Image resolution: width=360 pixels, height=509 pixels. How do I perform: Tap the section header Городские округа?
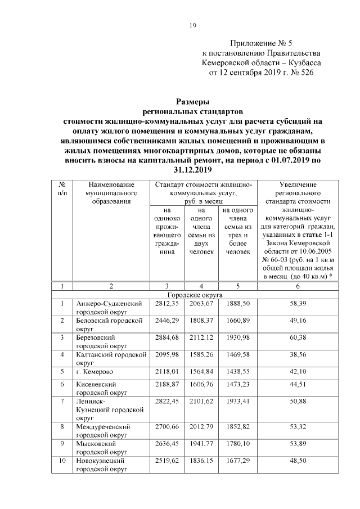click(x=195, y=294)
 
